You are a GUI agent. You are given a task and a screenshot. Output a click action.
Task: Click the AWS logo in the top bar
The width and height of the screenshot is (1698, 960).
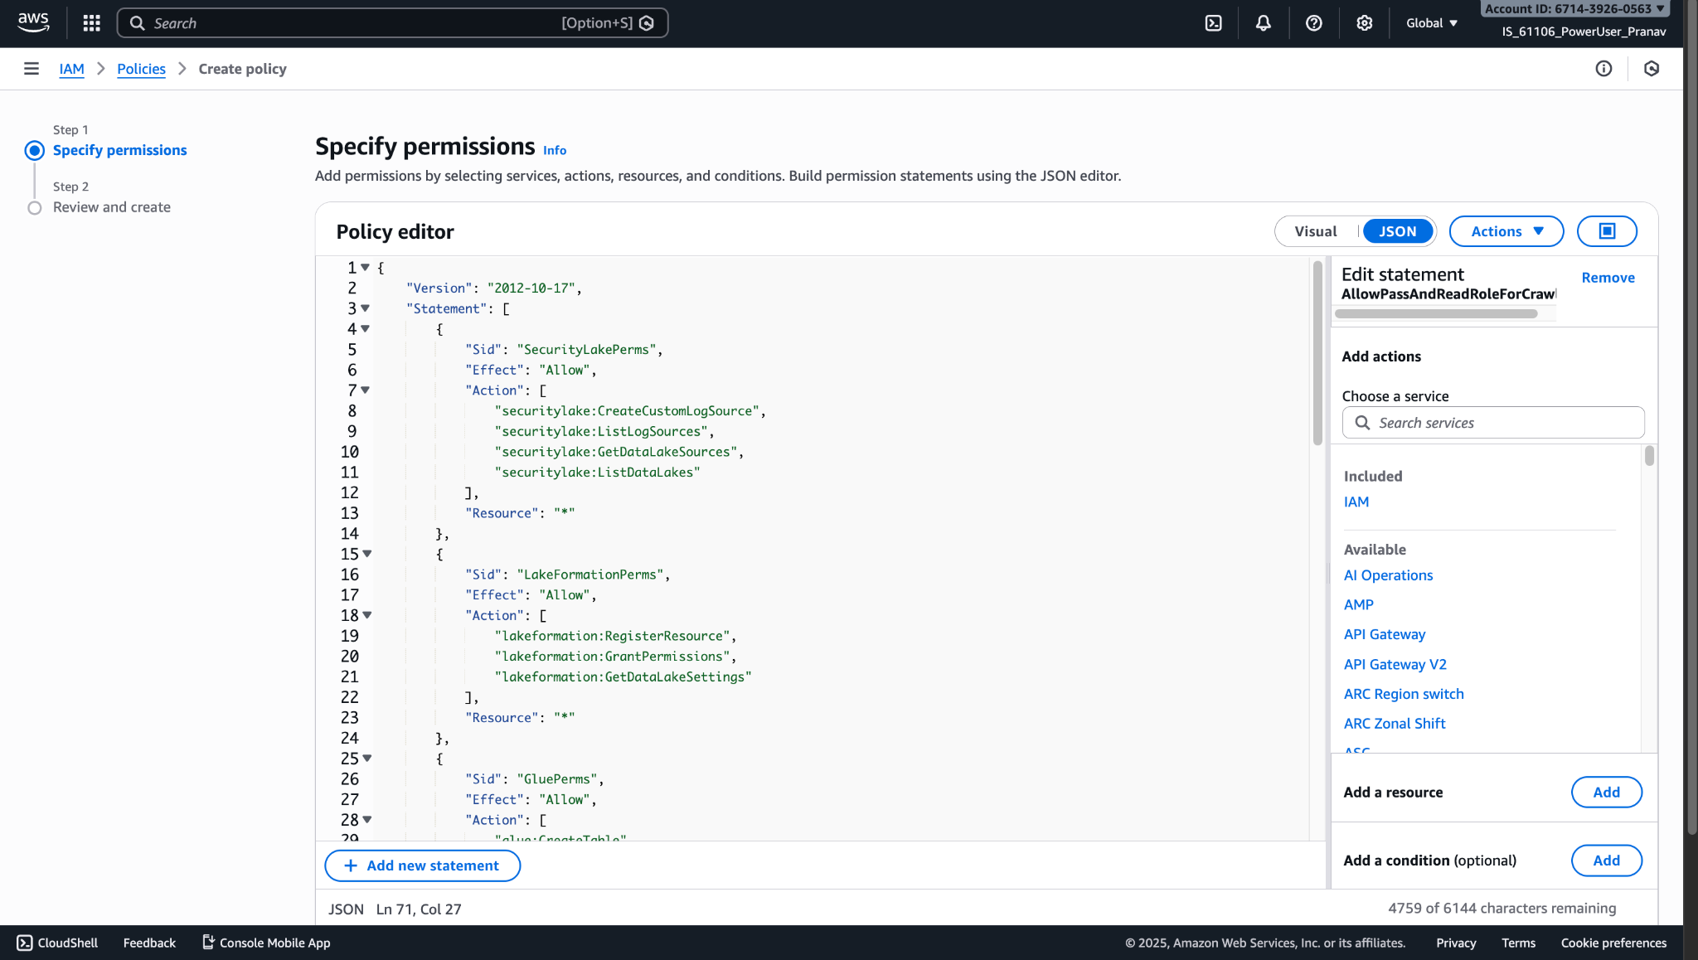(x=33, y=22)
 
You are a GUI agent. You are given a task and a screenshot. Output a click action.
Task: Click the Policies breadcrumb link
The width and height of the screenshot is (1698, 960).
(x=141, y=69)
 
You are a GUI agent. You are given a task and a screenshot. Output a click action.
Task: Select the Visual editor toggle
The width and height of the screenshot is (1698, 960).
(x=1316, y=231)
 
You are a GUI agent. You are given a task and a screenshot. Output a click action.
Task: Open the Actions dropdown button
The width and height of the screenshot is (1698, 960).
(x=1506, y=231)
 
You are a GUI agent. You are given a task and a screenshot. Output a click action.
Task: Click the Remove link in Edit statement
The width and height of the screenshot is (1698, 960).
(x=1608, y=278)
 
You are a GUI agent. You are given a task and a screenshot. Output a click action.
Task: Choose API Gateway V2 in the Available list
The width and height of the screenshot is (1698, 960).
(x=1395, y=664)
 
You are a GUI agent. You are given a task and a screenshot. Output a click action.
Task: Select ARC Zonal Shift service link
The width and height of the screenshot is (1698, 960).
(x=1395, y=723)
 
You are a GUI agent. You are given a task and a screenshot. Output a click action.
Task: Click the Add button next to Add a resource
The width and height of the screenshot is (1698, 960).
(x=1606, y=792)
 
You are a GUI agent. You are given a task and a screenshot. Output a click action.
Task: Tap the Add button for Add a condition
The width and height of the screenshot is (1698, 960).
(x=1606, y=860)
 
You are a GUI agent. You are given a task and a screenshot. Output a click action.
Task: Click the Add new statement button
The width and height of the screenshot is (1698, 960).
(x=422, y=865)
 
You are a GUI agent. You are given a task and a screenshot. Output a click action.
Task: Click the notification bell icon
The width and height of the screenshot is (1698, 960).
(x=1263, y=23)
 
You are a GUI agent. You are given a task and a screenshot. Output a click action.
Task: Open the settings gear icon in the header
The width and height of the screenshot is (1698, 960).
(x=1364, y=23)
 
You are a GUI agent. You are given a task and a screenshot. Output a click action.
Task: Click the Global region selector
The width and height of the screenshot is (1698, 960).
(x=1432, y=23)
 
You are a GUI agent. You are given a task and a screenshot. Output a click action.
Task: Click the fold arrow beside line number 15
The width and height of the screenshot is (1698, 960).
(x=367, y=554)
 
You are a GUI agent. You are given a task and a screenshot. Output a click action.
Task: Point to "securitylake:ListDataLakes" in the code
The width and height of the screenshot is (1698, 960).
(x=597, y=472)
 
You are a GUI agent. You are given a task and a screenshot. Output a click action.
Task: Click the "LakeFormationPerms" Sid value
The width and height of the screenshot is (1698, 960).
(x=590, y=575)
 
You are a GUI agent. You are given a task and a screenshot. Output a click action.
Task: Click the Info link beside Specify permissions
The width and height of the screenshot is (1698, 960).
(x=555, y=150)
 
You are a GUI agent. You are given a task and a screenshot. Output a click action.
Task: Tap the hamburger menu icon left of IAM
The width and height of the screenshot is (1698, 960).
(x=32, y=69)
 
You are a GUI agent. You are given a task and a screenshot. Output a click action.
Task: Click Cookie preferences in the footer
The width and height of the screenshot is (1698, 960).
(x=1613, y=943)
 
